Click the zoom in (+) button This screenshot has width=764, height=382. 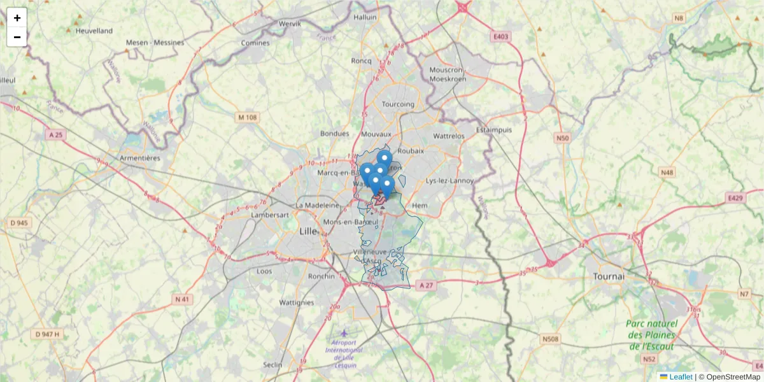coord(17,18)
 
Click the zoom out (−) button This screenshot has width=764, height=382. coord(17,37)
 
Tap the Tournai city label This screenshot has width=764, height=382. coord(609,277)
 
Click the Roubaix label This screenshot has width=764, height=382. coord(411,151)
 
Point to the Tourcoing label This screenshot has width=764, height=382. coord(398,104)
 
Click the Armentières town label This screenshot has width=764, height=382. coord(140,158)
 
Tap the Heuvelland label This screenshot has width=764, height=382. coord(94,31)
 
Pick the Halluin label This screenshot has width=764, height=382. coord(365,18)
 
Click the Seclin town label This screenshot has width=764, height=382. coord(272,365)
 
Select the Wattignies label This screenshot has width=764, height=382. coord(297,302)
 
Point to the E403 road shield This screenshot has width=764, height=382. coord(501,37)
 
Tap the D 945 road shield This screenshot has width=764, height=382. coord(20,223)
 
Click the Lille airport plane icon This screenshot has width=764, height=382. coord(344,332)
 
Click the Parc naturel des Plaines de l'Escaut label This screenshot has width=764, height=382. coord(651,335)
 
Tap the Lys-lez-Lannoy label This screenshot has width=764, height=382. coord(449,181)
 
